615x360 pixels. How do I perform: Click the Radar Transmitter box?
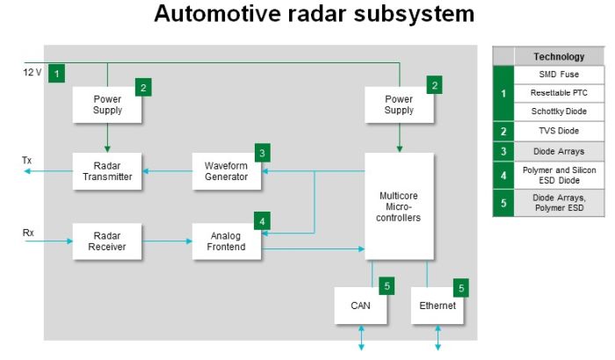click(x=107, y=170)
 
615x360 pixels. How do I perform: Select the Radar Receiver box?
click(x=107, y=241)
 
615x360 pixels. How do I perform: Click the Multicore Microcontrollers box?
click(x=399, y=205)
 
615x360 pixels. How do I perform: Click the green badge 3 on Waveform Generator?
click(x=262, y=153)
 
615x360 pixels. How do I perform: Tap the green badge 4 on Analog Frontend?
click(x=262, y=221)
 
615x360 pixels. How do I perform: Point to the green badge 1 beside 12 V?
click(x=57, y=73)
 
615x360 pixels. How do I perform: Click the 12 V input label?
click(x=32, y=72)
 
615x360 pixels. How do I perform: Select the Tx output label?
click(x=27, y=161)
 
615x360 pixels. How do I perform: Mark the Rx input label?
click(x=27, y=233)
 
